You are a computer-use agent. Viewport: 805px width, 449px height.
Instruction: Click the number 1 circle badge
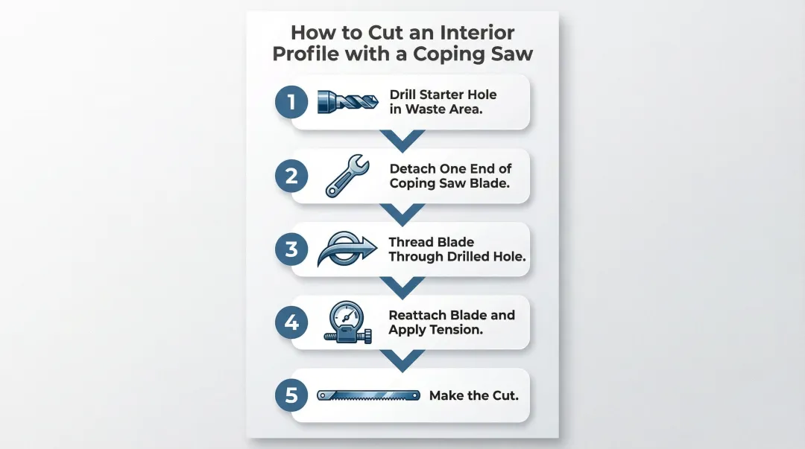point(291,103)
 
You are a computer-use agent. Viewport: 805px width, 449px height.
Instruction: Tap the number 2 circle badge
point(291,176)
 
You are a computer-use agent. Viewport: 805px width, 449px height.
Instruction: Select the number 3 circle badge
point(291,249)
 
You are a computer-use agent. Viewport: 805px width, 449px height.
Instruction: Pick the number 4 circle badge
point(291,322)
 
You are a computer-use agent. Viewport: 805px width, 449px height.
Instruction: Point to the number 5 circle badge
point(291,395)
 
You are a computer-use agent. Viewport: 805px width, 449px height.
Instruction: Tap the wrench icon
point(346,176)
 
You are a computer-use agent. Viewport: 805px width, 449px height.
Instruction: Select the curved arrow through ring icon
point(347,249)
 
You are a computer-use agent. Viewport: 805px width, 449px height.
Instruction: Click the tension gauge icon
point(346,322)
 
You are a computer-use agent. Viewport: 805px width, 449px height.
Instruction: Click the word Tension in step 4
point(456,329)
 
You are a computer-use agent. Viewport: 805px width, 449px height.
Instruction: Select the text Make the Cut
point(473,395)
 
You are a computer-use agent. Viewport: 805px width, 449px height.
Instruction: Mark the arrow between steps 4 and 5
point(402,360)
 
